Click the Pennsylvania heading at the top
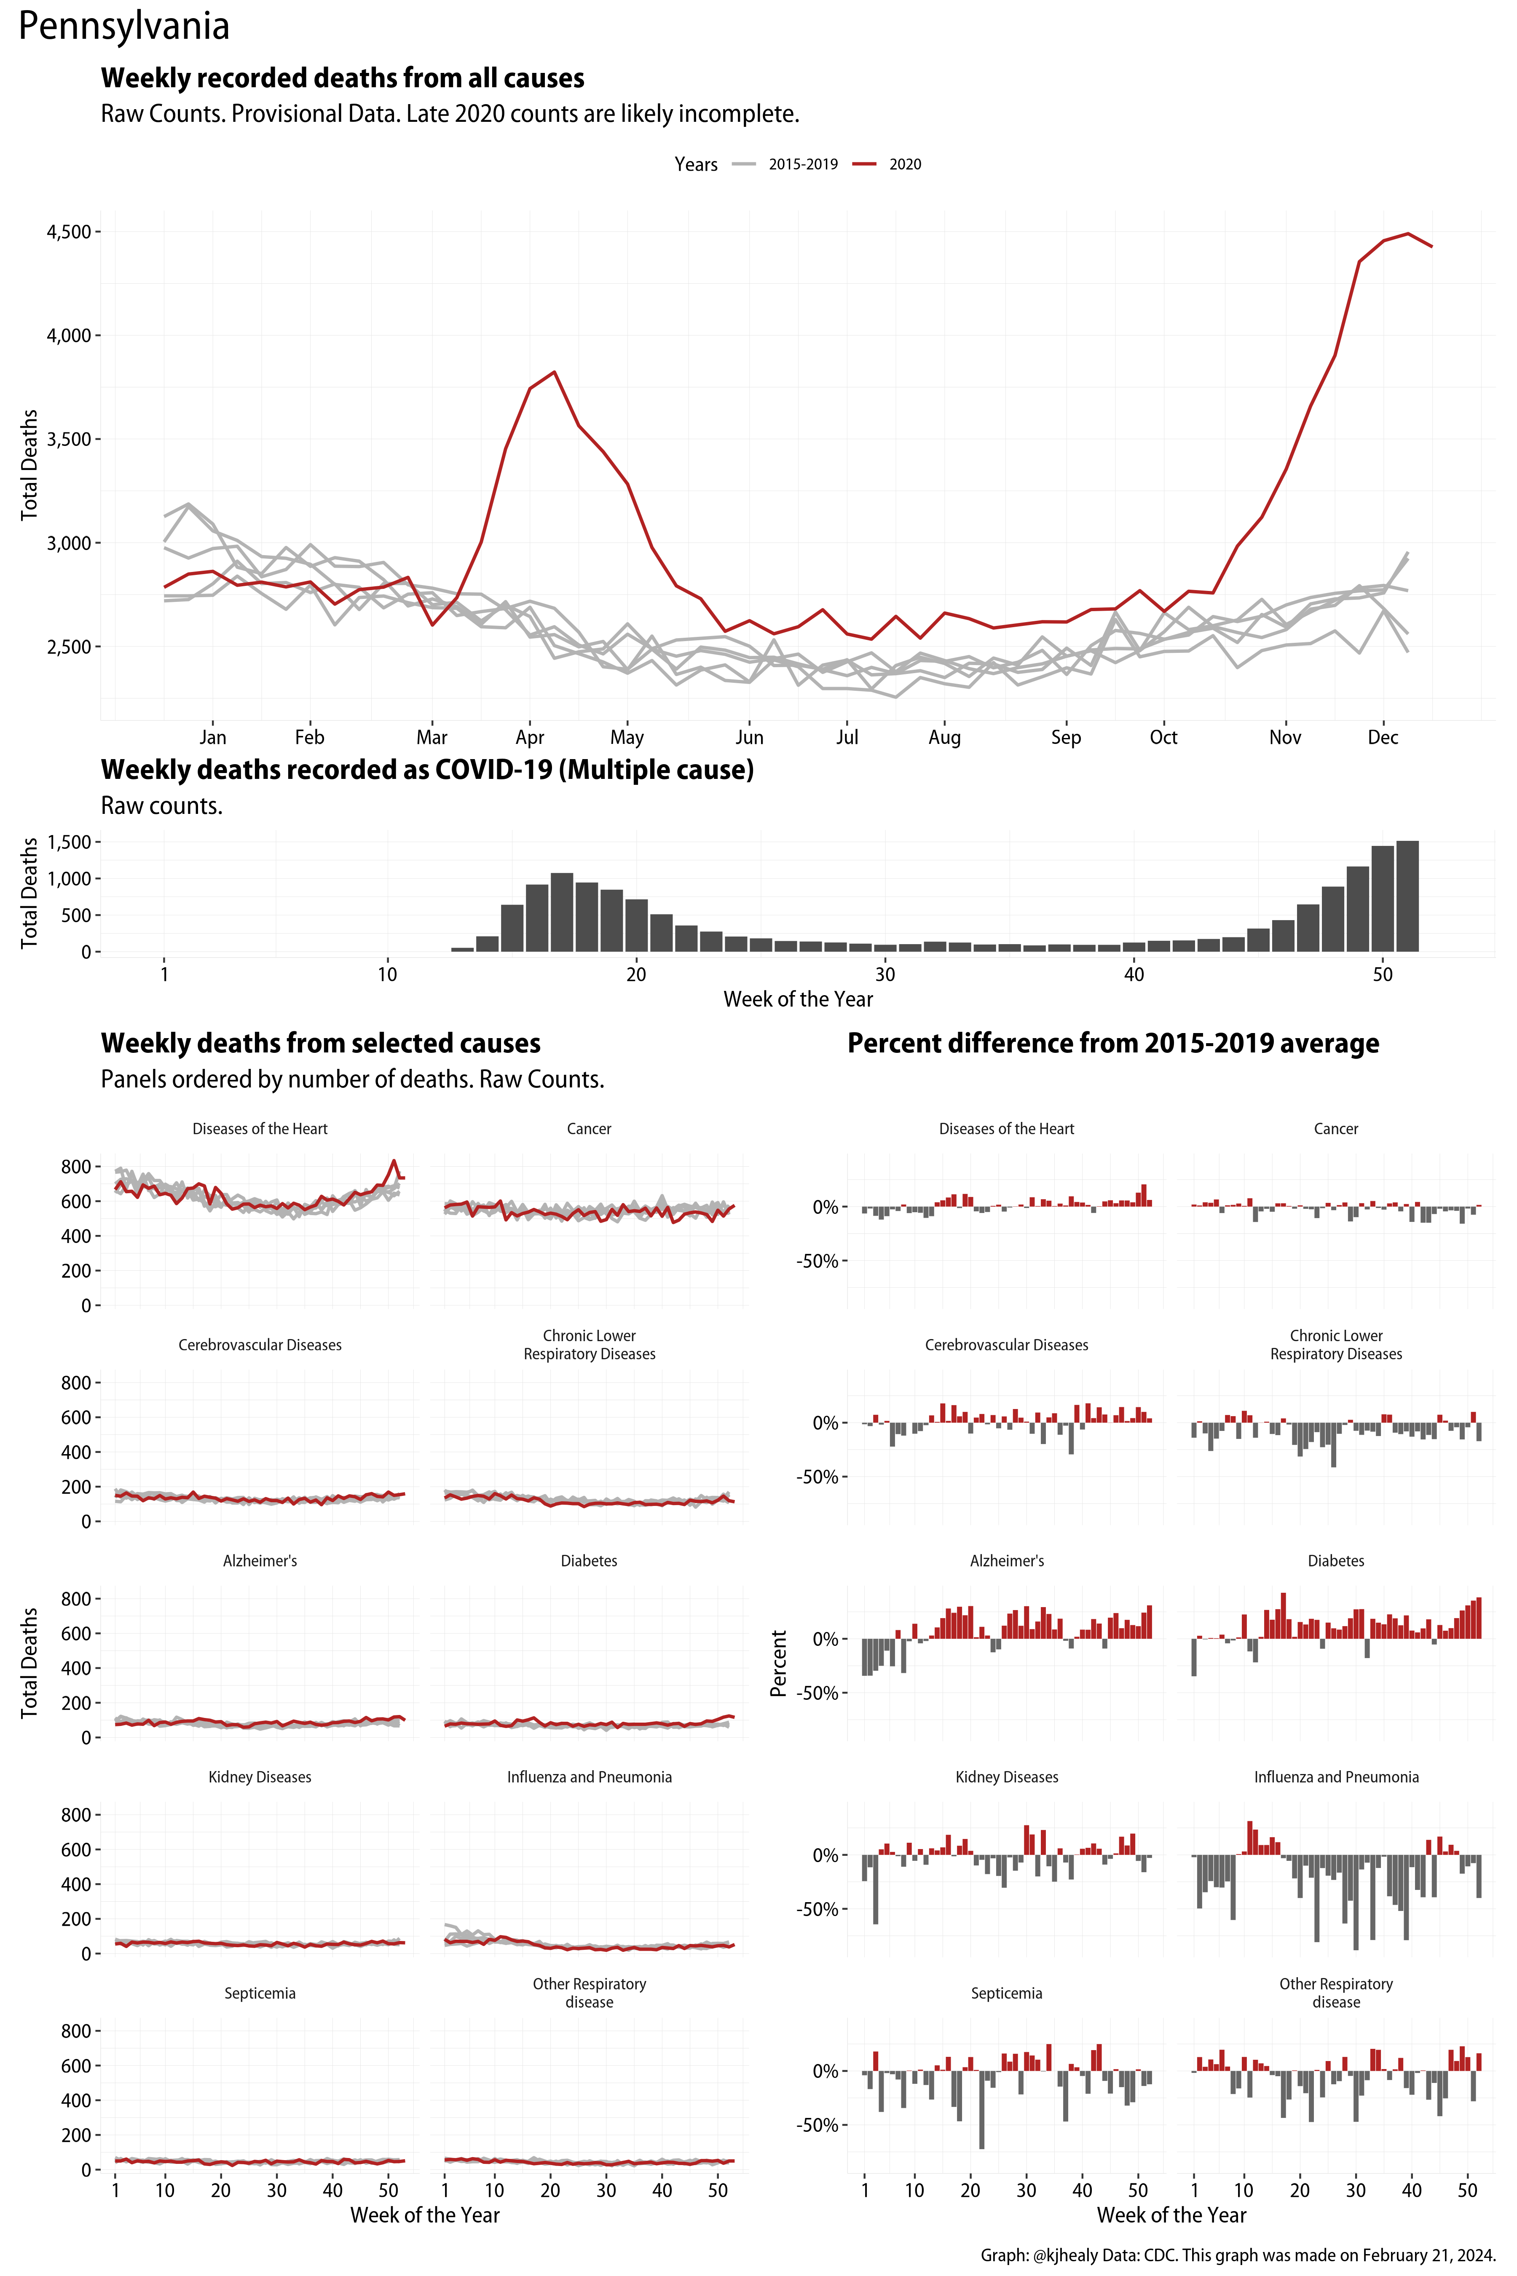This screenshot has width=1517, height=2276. tap(124, 26)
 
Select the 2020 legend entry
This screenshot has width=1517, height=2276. tap(905, 164)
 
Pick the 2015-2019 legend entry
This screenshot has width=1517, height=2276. tap(802, 164)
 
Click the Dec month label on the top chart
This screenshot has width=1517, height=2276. tap(1383, 737)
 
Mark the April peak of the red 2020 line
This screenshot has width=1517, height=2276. tap(553, 372)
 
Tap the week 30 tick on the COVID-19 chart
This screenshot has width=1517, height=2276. tap(884, 974)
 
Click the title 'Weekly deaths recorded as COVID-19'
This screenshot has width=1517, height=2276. tap(426, 770)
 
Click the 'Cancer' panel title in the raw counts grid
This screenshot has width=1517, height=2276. tap(589, 1129)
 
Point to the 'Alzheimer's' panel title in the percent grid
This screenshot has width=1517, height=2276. tap(1006, 1561)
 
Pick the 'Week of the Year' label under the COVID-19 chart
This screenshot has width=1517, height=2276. tap(798, 1000)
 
